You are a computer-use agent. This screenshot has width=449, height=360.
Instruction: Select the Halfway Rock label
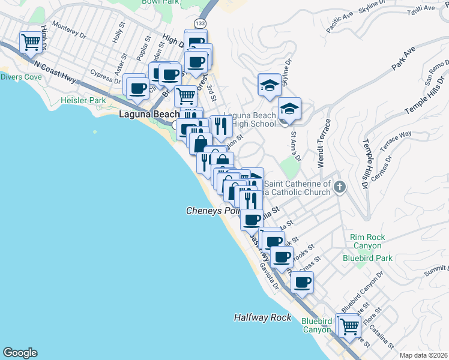(x=262, y=317)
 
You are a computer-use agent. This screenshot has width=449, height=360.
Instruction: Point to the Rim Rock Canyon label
(x=366, y=241)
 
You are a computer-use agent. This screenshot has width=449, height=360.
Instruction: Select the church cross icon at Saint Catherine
(x=340, y=187)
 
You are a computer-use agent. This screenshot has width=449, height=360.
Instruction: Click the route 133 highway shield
(x=200, y=23)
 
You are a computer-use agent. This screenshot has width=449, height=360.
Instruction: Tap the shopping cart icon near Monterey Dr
(x=31, y=42)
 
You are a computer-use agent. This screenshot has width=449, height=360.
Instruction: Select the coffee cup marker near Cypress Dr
(x=137, y=88)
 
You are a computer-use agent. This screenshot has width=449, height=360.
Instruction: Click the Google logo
(x=20, y=353)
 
